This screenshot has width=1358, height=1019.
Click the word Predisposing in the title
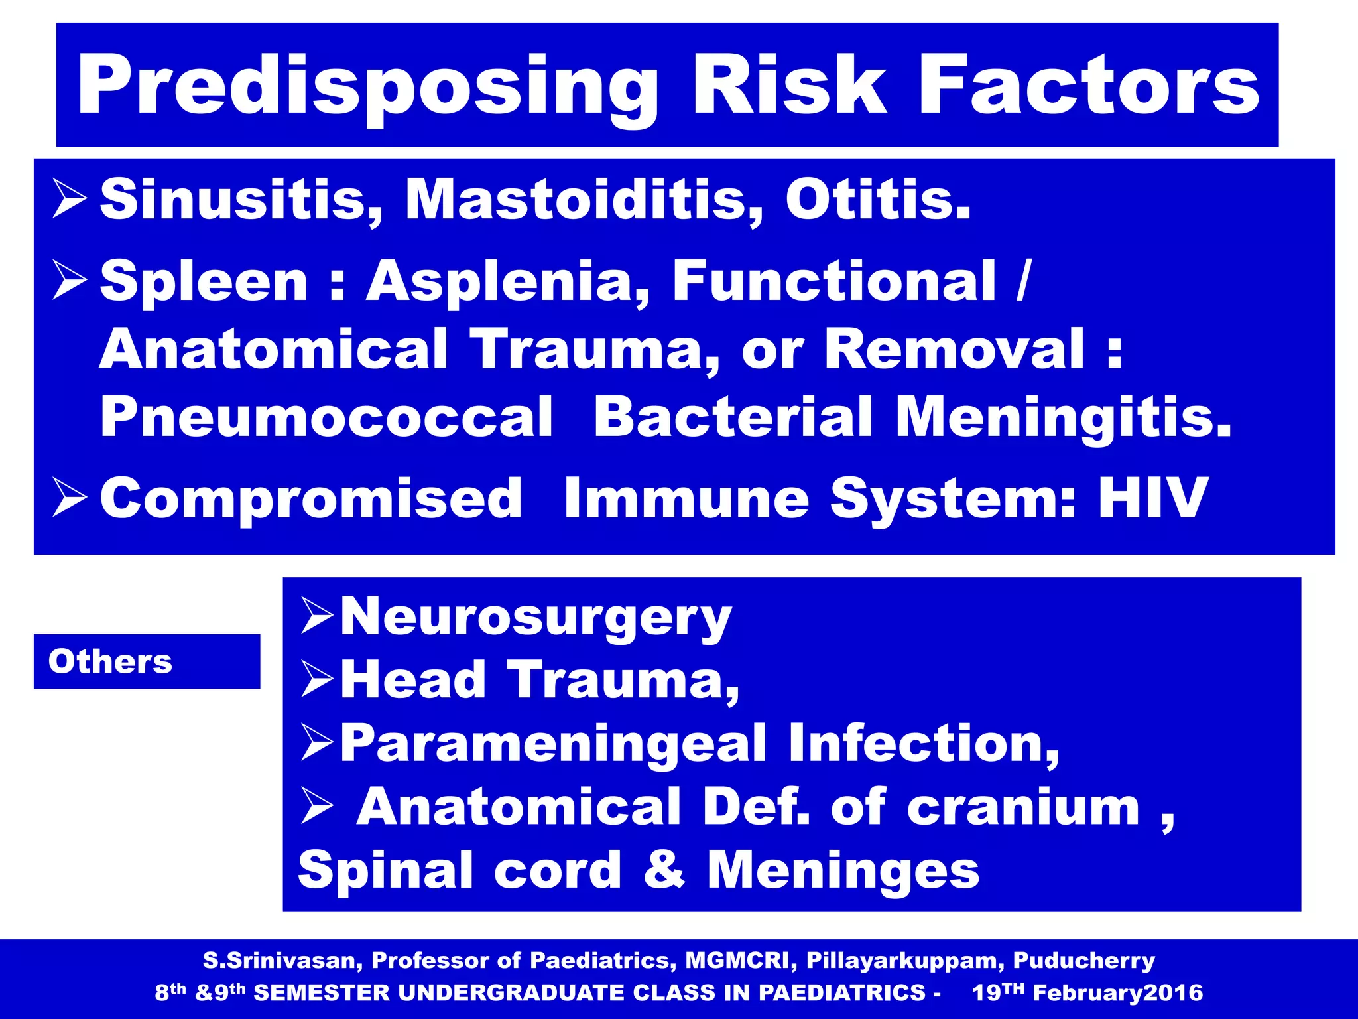tap(368, 86)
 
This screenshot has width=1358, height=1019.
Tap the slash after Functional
tap(1023, 282)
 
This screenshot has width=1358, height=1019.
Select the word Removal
tap(955, 350)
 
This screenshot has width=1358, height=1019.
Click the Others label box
tap(147, 661)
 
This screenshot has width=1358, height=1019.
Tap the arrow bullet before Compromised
tap(69, 499)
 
